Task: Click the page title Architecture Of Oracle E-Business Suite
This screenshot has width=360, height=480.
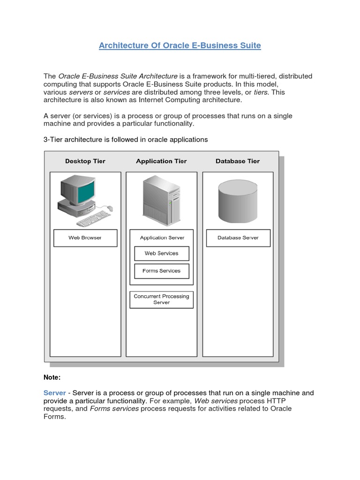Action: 180,45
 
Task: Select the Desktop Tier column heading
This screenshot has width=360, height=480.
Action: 85,161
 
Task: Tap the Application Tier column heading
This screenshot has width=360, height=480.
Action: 161,161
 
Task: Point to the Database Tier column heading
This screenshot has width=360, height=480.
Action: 237,161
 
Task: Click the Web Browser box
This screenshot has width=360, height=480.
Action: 85,238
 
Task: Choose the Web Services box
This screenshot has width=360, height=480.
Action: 161,254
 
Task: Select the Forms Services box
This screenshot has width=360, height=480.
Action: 161,271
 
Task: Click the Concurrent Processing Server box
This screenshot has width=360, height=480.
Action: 161,300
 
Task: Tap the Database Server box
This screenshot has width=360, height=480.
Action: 238,238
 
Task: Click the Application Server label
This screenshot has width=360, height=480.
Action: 162,238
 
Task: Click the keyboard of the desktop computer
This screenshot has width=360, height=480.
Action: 93,218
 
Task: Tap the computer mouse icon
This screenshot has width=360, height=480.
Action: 110,208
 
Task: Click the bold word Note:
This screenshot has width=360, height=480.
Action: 52,377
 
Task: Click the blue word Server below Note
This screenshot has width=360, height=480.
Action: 54,393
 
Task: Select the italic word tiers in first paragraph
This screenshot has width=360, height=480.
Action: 261,92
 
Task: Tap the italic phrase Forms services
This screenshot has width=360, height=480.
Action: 114,409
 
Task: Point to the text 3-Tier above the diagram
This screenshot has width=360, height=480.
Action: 53,140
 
